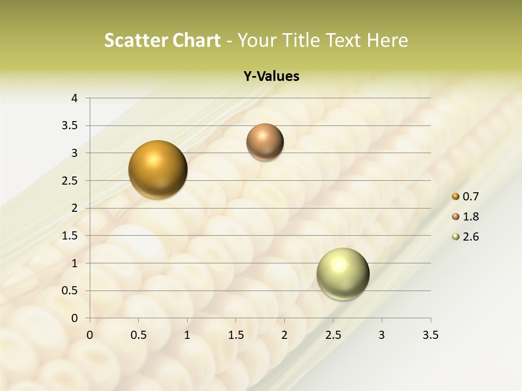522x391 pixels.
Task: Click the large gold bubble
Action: [158, 169]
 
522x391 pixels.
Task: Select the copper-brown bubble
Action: [265, 142]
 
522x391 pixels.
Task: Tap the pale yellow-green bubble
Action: [343, 274]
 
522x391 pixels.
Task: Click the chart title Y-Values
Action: [271, 76]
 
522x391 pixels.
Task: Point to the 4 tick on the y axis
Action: [74, 98]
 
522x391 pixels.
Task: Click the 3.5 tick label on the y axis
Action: [70, 125]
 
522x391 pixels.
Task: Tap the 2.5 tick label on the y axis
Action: [70, 181]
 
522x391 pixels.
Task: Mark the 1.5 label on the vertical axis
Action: [70, 236]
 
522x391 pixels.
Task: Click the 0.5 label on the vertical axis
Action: [70, 291]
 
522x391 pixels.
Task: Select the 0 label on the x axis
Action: [90, 335]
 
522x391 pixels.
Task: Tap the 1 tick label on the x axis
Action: [187, 335]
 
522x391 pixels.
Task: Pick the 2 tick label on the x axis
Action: [284, 335]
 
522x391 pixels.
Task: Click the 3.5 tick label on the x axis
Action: [431, 335]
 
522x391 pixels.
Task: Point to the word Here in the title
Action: [387, 40]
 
